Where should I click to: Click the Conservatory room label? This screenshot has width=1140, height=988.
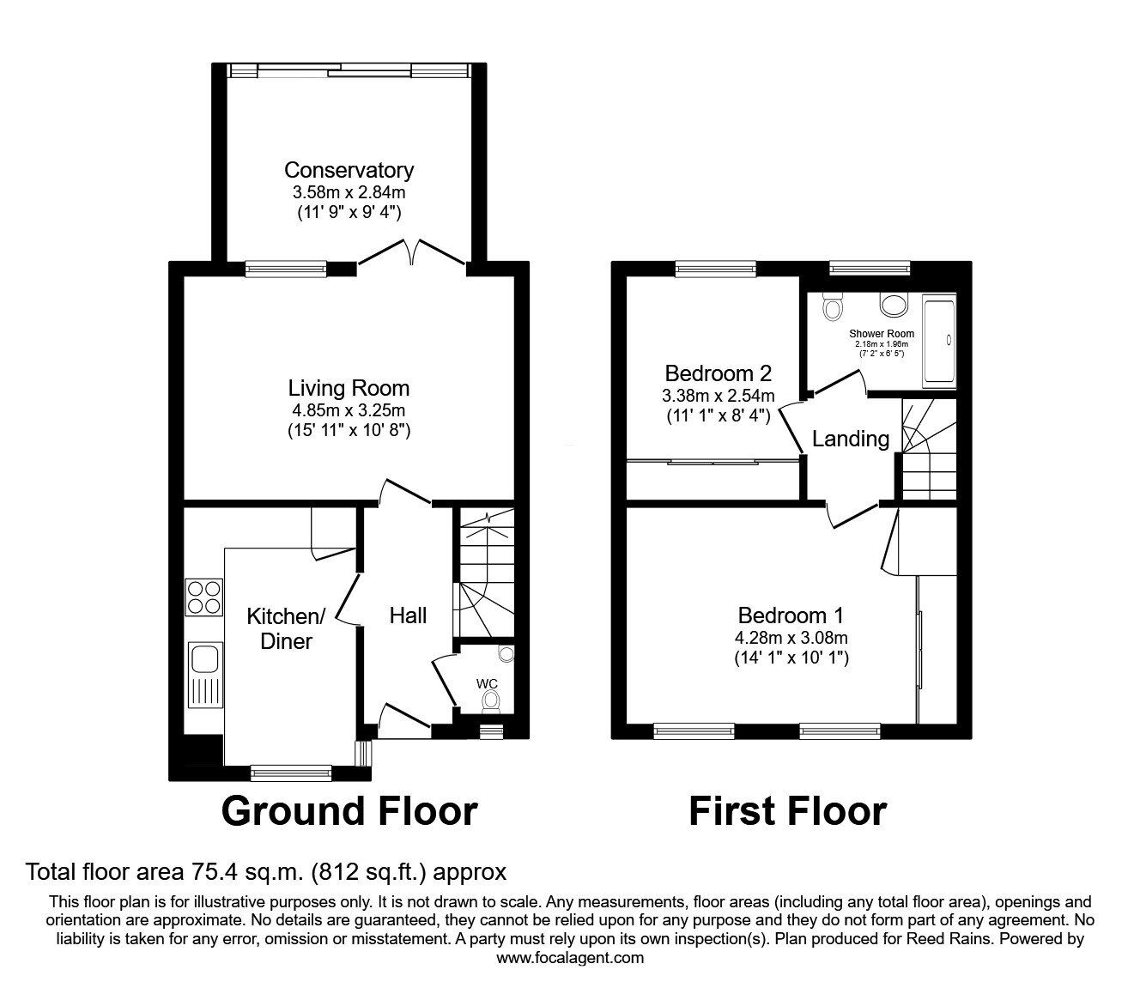click(x=349, y=170)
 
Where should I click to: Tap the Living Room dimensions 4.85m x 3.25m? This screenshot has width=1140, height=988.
click(x=349, y=410)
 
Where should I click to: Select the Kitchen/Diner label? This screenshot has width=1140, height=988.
click(x=286, y=628)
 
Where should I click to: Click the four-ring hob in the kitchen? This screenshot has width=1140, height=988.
click(x=204, y=597)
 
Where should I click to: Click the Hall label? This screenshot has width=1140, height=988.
click(x=408, y=615)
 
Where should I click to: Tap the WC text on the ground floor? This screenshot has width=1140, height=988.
click(x=487, y=683)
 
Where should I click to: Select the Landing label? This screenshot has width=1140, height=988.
click(x=851, y=439)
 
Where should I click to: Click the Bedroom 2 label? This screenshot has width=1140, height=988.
click(x=719, y=373)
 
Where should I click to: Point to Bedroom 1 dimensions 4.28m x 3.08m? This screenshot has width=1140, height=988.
click(x=791, y=638)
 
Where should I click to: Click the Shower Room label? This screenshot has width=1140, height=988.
click(x=882, y=334)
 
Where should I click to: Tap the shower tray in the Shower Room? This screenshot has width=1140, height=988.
click(x=939, y=341)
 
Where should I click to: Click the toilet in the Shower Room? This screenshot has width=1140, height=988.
click(x=833, y=306)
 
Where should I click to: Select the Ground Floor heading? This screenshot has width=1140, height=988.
click(x=349, y=811)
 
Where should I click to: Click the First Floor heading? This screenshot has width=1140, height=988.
click(x=787, y=811)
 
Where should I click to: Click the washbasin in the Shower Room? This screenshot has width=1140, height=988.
click(x=894, y=305)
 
